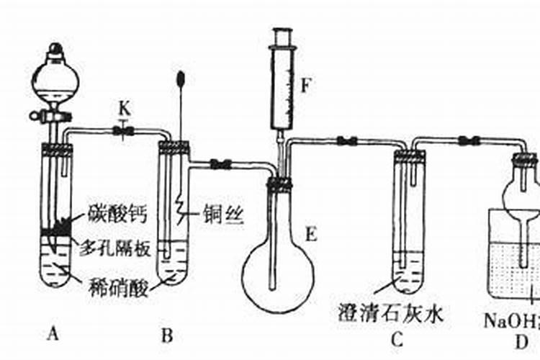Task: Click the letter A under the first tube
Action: coord(51,333)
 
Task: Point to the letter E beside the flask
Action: coord(310,233)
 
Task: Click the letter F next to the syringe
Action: coord(305,86)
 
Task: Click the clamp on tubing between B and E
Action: coord(220,164)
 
